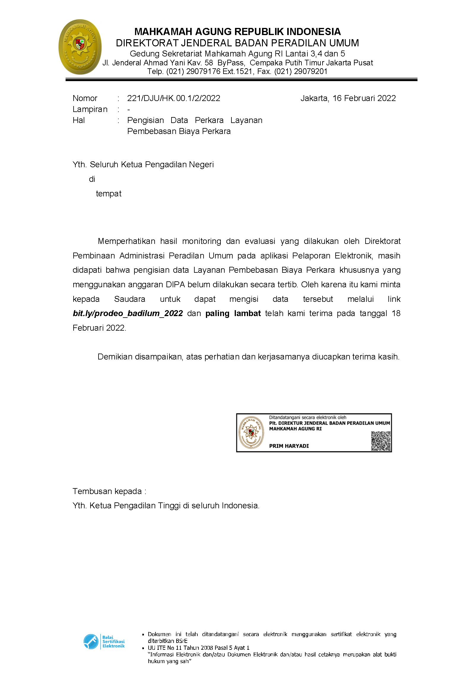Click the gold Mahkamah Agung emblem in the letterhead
point(80,47)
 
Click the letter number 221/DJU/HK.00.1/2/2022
point(174,98)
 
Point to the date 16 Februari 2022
point(364,98)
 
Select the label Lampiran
point(90,109)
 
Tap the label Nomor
point(85,98)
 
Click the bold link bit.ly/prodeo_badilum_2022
point(128,313)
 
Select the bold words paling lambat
point(233,313)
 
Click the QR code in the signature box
point(381,441)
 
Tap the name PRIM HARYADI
point(289,446)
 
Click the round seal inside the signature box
point(251,432)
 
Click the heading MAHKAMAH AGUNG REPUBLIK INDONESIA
point(237,32)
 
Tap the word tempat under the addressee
point(109,194)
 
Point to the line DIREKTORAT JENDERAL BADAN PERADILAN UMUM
point(237,43)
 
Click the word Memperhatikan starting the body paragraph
point(126,241)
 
